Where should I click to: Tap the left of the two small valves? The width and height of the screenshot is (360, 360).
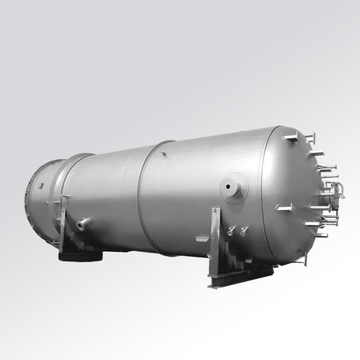(x=231, y=231)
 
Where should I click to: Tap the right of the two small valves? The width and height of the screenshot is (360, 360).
(x=243, y=231)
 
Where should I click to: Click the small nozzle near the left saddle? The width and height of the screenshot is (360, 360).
(x=82, y=224)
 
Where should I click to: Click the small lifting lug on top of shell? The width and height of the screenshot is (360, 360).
(x=164, y=154)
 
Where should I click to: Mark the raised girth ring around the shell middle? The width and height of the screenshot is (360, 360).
(x=144, y=198)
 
